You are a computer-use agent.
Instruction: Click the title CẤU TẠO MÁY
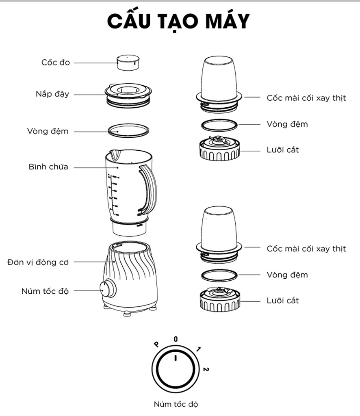tap(178, 21)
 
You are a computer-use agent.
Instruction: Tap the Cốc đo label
tap(55, 63)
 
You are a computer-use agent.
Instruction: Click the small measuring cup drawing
tap(128, 63)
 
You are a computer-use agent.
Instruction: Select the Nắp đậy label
tap(52, 94)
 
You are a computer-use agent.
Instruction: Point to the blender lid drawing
tap(128, 95)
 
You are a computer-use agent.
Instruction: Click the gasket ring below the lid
tap(128, 130)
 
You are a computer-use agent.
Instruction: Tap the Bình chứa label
tap(48, 167)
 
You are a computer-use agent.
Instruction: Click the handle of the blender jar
tap(147, 189)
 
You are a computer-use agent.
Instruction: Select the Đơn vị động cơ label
tap(38, 262)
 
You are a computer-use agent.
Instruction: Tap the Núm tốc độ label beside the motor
tap(45, 291)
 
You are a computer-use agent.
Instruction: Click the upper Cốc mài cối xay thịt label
tap(306, 98)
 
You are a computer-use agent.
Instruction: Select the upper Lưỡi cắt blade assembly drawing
tap(219, 148)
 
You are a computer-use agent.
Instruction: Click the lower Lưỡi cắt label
tap(283, 301)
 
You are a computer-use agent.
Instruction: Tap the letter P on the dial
tap(156, 344)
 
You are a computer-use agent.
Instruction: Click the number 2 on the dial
tap(206, 369)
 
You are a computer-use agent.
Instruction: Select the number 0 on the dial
tap(176, 339)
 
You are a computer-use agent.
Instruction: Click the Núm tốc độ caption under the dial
tap(176, 404)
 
